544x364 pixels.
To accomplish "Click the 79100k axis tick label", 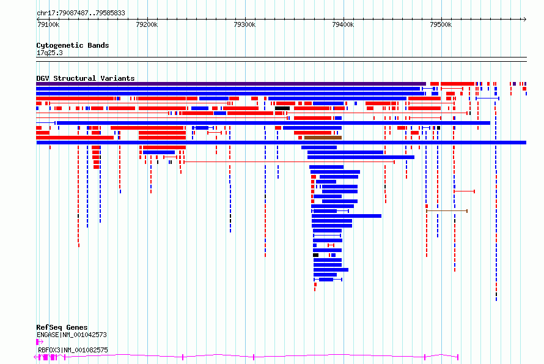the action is (x=48, y=24).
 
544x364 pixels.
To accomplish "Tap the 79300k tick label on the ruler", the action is (x=244, y=24).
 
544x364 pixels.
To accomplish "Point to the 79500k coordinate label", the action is (x=441, y=24).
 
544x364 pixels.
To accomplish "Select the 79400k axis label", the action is (x=343, y=24).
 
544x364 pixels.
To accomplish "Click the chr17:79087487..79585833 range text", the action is (x=81, y=13).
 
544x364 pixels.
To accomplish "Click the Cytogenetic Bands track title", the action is (x=73, y=45).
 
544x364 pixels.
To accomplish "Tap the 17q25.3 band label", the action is (x=50, y=53).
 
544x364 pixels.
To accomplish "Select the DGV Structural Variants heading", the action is (x=86, y=78).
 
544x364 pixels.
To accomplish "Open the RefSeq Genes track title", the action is (x=62, y=327).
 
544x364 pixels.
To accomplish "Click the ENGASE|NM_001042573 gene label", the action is (x=72, y=335).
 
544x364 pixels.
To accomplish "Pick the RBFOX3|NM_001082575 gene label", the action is (x=73, y=350).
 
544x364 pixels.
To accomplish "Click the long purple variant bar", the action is (x=231, y=84).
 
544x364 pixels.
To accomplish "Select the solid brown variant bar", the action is (x=323, y=138).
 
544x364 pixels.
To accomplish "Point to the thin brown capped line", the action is (x=447, y=211).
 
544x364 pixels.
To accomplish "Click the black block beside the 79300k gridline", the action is (x=282, y=108).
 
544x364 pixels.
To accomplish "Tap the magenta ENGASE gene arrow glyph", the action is (x=40, y=342).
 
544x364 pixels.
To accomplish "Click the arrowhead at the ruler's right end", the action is (x=525, y=19).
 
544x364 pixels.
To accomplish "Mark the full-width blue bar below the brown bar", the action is (x=281, y=143).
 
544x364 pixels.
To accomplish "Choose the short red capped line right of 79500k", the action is (x=465, y=191).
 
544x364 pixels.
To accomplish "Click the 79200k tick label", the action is (x=147, y=24).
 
